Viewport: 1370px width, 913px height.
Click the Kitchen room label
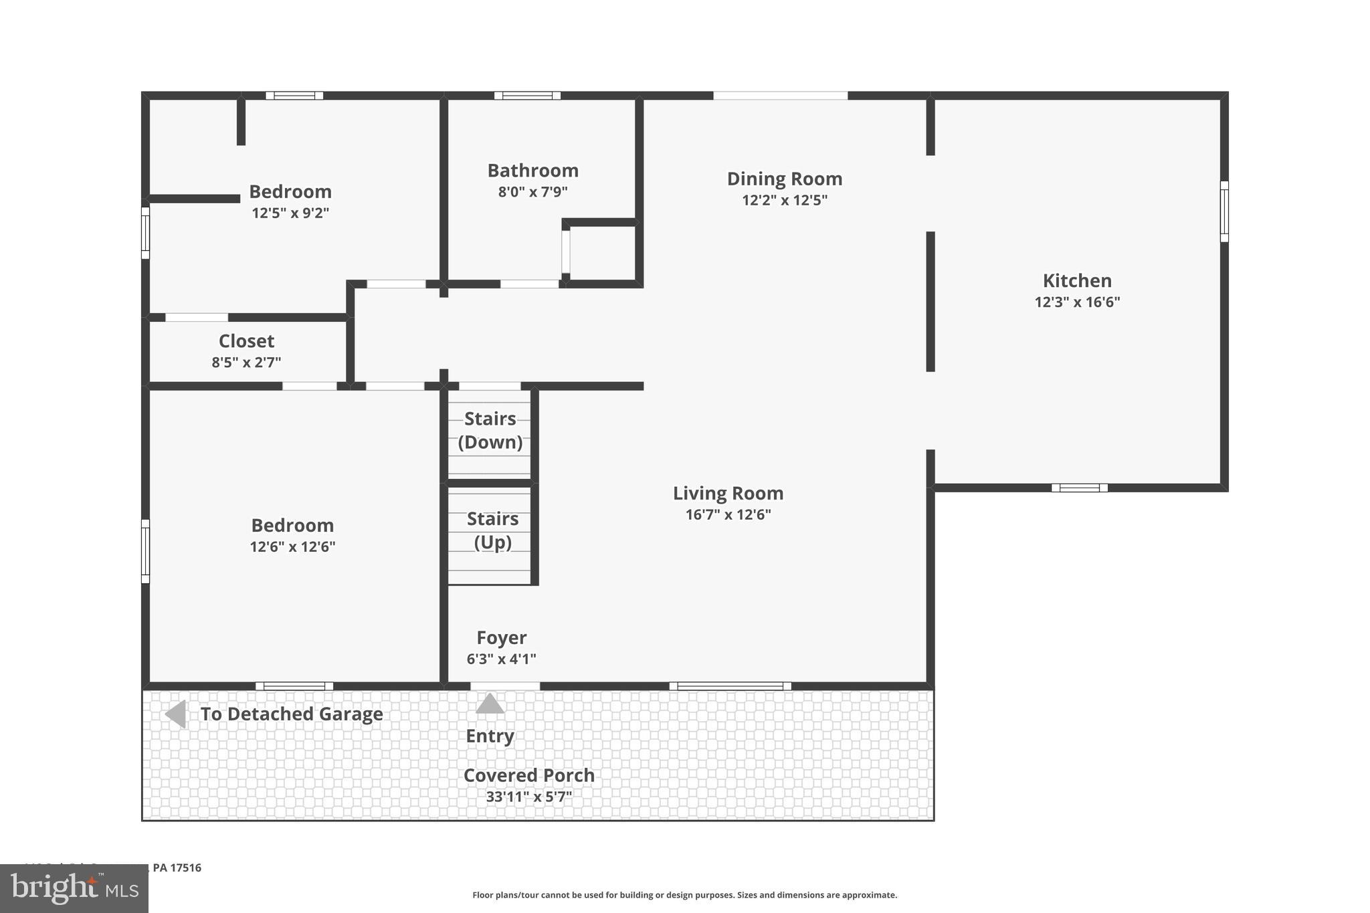(1076, 280)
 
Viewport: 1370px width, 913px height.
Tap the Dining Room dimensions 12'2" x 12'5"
(784, 200)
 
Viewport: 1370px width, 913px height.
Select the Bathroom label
(532, 171)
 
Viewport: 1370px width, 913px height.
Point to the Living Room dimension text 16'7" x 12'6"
(728, 514)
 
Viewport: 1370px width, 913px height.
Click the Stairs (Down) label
(490, 430)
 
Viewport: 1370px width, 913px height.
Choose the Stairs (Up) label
(492, 530)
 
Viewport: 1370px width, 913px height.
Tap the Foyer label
(501, 637)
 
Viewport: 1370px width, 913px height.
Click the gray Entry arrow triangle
(490, 704)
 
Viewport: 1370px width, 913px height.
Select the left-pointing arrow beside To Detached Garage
(176, 714)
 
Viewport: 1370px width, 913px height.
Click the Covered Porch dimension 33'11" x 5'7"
(528, 797)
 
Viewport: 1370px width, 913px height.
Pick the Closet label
(246, 341)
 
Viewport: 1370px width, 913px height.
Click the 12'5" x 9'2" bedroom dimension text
(290, 213)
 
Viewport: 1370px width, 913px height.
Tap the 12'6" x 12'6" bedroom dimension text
(292, 546)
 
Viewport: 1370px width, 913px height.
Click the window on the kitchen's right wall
(1224, 211)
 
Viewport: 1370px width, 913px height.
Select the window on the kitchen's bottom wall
(1079, 488)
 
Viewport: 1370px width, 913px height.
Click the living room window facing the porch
(730, 686)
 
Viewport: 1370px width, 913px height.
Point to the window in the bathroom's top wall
(527, 96)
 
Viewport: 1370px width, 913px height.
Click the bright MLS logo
(74, 888)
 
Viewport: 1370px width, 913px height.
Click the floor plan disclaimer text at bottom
(684, 895)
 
